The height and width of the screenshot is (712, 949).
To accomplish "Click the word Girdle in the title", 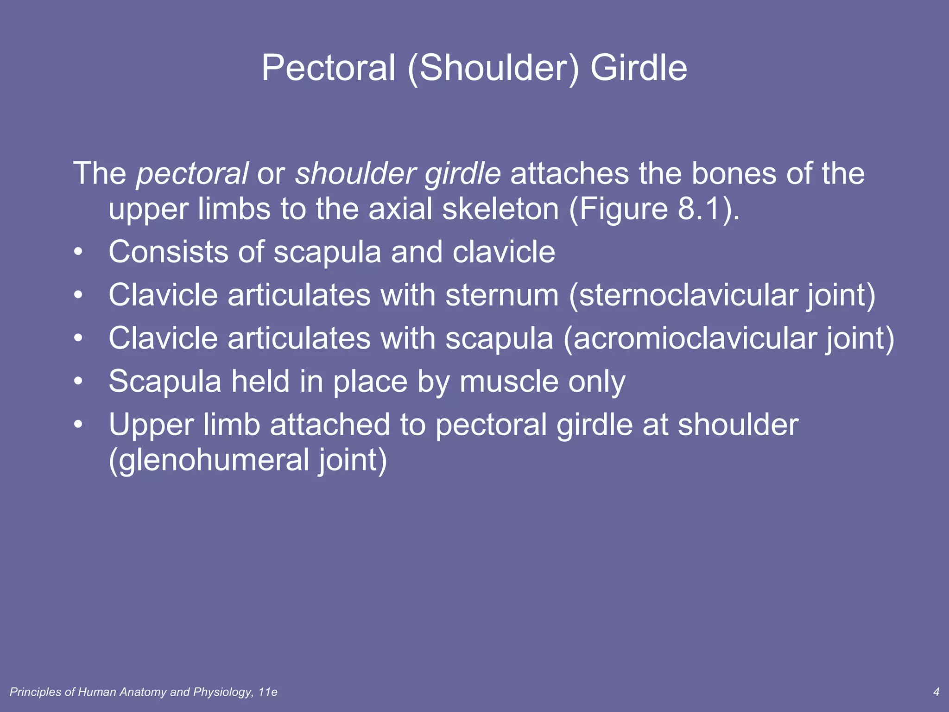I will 638,68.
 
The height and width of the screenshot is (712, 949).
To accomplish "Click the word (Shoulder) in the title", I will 493,68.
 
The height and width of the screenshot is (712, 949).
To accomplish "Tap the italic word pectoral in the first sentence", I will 192,174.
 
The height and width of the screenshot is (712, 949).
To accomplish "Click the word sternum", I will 502,296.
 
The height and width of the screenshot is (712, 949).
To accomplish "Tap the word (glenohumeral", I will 208,460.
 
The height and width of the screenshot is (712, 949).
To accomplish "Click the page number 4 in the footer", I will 936,692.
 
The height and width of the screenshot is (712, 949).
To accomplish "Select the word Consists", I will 168,253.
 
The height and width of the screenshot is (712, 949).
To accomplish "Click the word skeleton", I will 500,210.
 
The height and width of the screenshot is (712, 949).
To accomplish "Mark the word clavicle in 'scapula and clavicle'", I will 504,253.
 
